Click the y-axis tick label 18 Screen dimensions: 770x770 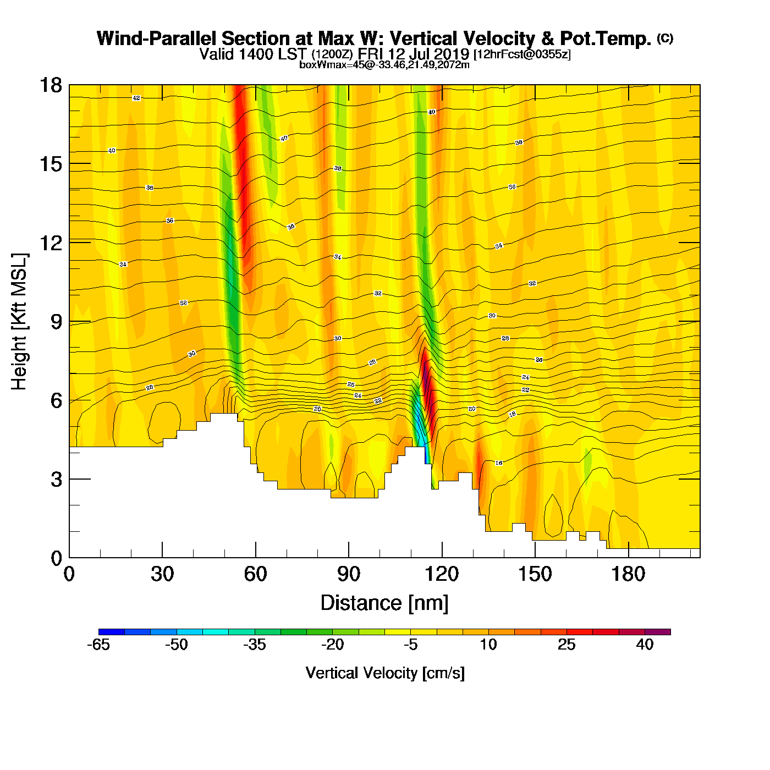point(50,85)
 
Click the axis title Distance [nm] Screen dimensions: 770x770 point(384,603)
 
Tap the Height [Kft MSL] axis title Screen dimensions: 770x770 point(19,322)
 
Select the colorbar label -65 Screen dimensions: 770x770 point(98,645)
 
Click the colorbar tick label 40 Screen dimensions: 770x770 point(645,645)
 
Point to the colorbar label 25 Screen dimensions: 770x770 point(566,645)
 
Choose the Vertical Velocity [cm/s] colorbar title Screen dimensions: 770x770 point(385,673)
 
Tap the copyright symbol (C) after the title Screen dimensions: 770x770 point(665,38)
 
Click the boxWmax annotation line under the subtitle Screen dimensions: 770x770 point(384,65)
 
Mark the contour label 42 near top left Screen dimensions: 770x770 point(136,98)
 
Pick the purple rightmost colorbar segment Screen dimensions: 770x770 point(658,632)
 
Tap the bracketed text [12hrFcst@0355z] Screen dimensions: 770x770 point(522,54)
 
